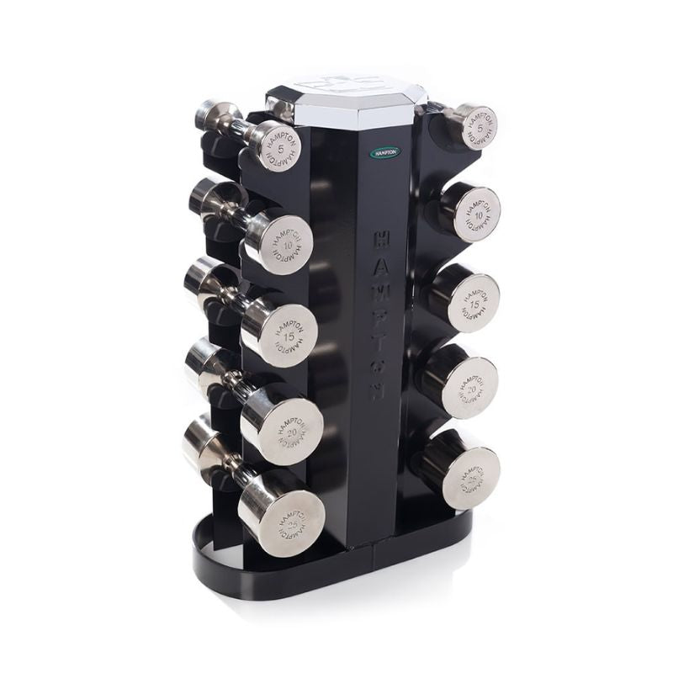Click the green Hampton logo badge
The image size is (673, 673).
(x=385, y=153)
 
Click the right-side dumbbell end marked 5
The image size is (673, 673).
(x=477, y=127)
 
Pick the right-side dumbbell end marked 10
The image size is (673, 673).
(x=477, y=212)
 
